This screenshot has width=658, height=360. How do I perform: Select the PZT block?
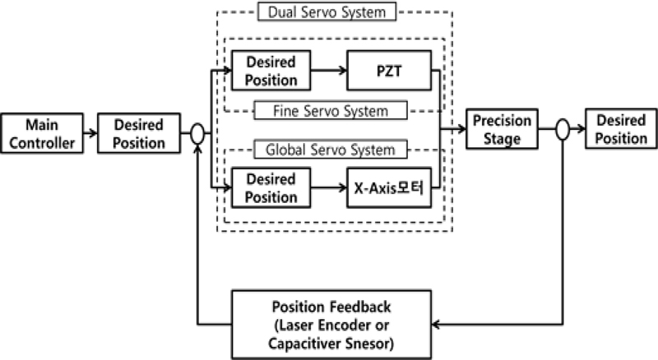point(389,72)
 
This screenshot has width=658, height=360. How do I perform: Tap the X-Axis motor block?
point(389,189)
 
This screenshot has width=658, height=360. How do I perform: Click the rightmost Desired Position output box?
point(621,130)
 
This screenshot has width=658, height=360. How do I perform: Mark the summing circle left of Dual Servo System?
point(198,133)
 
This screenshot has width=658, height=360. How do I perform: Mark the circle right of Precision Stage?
point(563,130)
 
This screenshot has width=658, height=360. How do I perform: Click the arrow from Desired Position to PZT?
point(328,72)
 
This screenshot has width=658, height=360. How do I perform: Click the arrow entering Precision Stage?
point(455,130)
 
